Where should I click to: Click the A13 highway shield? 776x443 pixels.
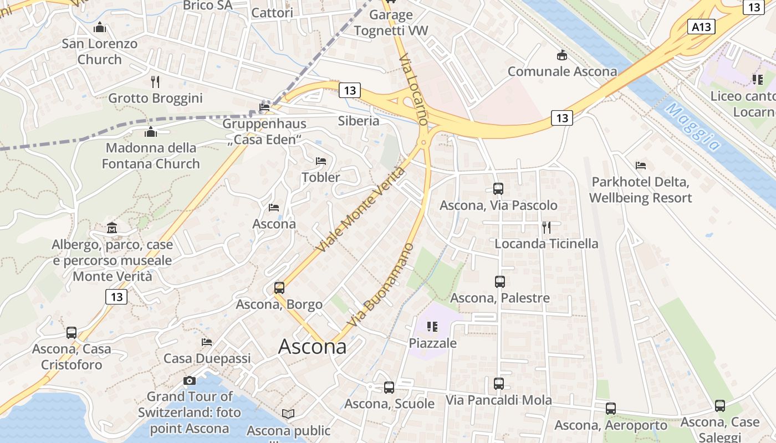701,27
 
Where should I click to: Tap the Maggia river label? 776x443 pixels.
693,127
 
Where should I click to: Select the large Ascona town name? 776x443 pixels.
312,347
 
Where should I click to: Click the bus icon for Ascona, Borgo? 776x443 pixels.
279,288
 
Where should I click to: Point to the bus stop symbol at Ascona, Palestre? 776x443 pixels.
500,281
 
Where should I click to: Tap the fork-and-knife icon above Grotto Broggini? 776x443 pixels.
155,82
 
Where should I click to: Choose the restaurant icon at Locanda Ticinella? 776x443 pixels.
546,227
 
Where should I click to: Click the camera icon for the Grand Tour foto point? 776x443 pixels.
190,380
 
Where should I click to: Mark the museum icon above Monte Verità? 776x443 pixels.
112,228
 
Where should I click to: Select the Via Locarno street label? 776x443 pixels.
414,89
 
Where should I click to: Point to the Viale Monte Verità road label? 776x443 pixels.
360,210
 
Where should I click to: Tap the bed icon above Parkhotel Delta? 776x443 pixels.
641,165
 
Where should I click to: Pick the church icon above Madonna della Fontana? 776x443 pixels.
150,132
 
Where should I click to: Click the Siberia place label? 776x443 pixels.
359,121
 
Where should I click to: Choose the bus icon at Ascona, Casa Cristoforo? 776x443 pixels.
72,332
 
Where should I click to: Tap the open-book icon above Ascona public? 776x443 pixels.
288,414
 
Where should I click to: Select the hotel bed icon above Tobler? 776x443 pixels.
320,161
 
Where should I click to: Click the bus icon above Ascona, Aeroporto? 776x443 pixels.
610,409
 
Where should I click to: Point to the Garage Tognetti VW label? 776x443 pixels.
391,23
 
